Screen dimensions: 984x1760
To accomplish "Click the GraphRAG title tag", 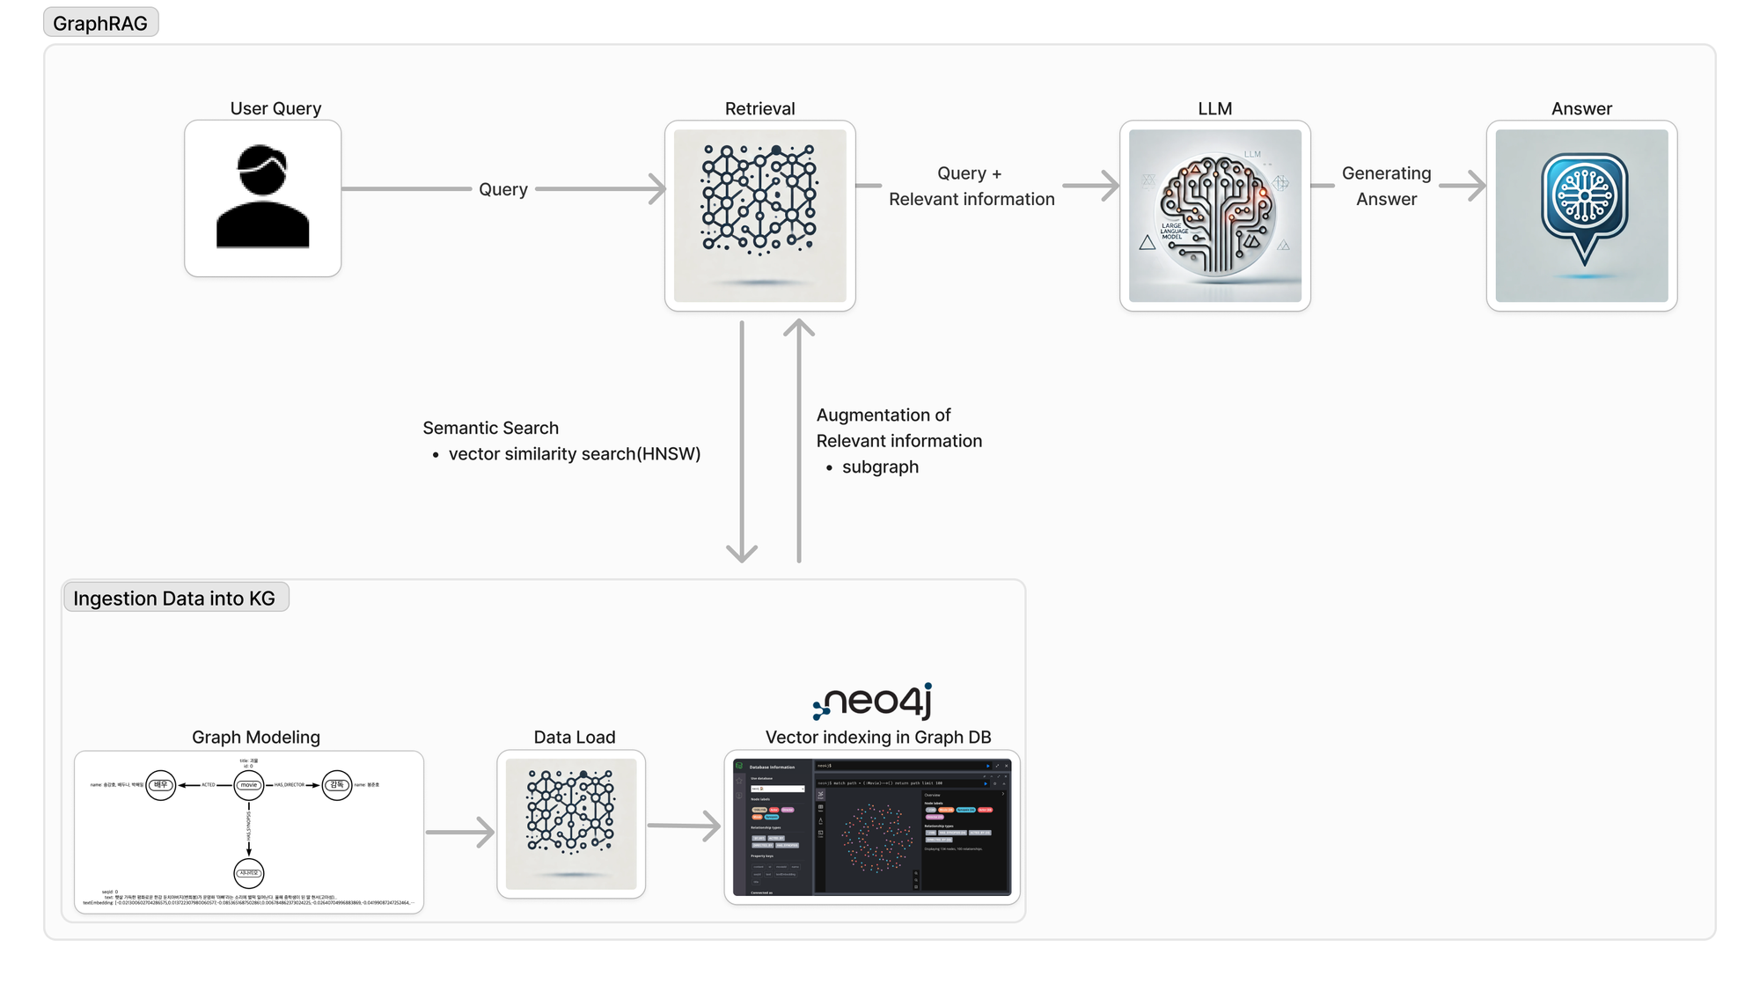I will click(100, 23).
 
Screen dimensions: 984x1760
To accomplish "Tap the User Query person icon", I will click(262, 198).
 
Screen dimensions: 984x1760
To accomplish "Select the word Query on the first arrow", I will click(502, 189).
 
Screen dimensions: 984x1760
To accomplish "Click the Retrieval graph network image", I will click(759, 216).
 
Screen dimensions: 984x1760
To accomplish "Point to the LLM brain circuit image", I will click(1214, 216).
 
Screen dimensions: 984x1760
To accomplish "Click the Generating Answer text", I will click(1386, 186).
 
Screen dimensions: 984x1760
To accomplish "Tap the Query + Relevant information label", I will click(971, 186).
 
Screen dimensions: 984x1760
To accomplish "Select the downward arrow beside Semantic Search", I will click(742, 440).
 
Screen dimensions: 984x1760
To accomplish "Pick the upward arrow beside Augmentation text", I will click(799, 440).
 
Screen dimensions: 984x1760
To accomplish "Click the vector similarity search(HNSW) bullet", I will click(574, 454).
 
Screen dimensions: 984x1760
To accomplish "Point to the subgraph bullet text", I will click(880, 467).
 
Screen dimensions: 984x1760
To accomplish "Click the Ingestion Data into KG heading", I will click(174, 598).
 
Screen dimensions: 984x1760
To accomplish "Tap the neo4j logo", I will click(873, 701).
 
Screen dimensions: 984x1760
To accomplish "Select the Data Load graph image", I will click(571, 824).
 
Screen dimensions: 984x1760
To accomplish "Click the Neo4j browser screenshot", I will click(871, 827).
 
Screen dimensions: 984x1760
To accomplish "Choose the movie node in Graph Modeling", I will click(249, 785).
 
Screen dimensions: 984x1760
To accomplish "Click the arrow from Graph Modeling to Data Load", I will click(460, 832).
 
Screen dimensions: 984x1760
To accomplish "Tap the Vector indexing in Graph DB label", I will click(877, 738).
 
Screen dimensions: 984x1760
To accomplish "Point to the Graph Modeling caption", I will click(256, 738).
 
